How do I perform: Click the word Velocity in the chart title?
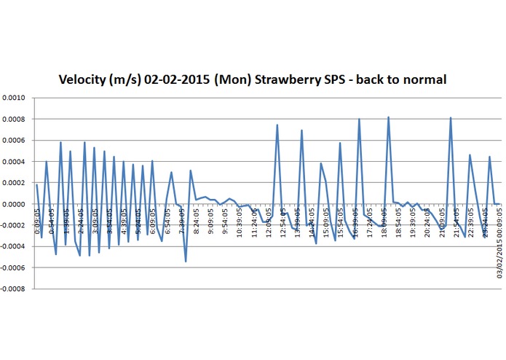pos(84,79)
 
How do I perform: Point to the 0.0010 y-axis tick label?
pos(13,98)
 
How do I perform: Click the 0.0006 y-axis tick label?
pos(13,140)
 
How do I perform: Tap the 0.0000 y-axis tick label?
pos(13,204)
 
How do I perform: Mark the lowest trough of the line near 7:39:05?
pos(186,262)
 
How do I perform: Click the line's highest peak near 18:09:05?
pos(389,117)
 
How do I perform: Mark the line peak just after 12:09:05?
pos(277,125)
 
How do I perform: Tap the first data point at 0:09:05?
pos(36,184)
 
